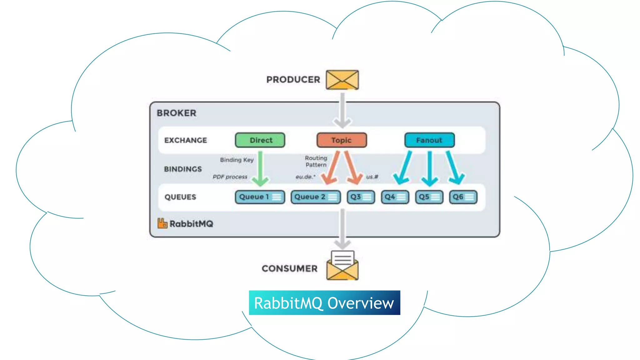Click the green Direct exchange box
[x=260, y=140]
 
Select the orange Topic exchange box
[x=342, y=140]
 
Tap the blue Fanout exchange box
[x=429, y=140]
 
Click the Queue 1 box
[x=260, y=197]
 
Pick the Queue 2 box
[x=316, y=197]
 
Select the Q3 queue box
[x=361, y=197]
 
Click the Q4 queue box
[x=395, y=197]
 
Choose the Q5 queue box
[x=429, y=197]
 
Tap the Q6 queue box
[x=463, y=197]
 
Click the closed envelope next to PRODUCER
[x=342, y=80]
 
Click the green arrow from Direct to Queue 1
[x=260, y=169]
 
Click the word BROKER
[x=177, y=113]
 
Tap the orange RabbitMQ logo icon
[x=162, y=223]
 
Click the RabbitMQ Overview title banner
[x=324, y=303]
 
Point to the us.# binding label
[x=372, y=177]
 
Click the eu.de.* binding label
[x=305, y=177]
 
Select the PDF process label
[x=230, y=177]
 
